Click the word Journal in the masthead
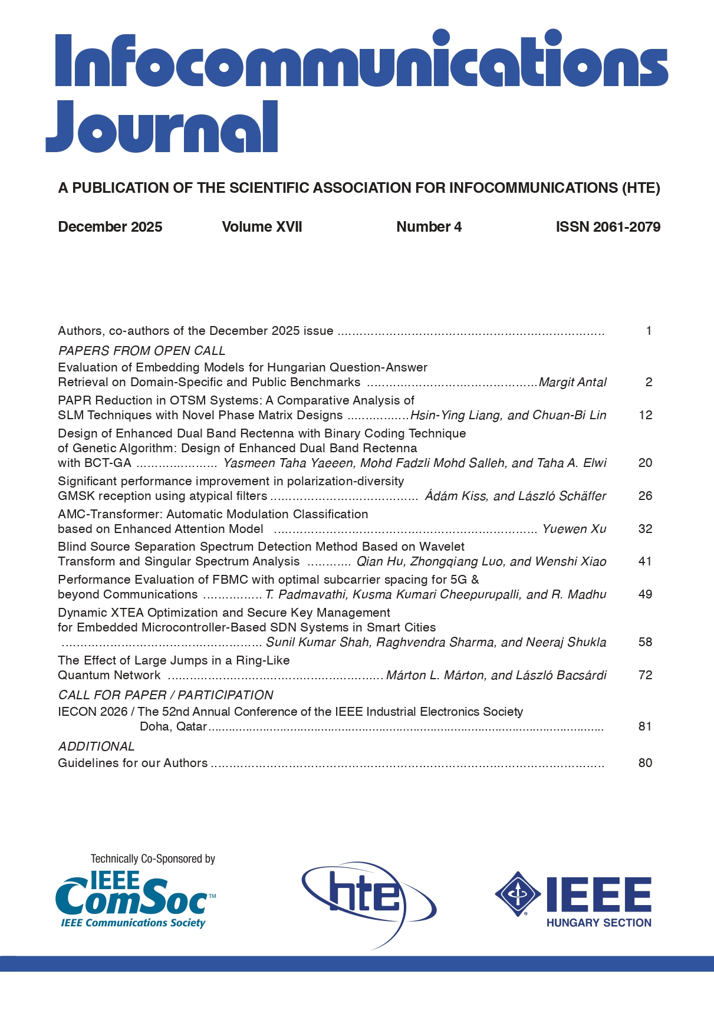(x=162, y=127)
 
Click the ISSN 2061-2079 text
(x=608, y=227)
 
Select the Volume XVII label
(x=262, y=227)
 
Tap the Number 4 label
(x=429, y=227)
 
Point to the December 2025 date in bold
(x=110, y=227)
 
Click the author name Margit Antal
(x=572, y=383)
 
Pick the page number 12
(x=646, y=415)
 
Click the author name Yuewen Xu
(x=574, y=529)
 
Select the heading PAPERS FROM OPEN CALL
(x=142, y=351)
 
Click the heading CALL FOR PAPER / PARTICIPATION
(x=166, y=695)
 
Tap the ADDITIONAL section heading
(x=96, y=746)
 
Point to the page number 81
(x=645, y=726)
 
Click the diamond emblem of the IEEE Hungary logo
(x=518, y=894)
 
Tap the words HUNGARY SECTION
(x=598, y=923)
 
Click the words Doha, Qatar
(x=173, y=726)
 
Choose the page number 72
(x=646, y=675)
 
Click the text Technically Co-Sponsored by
(x=153, y=859)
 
